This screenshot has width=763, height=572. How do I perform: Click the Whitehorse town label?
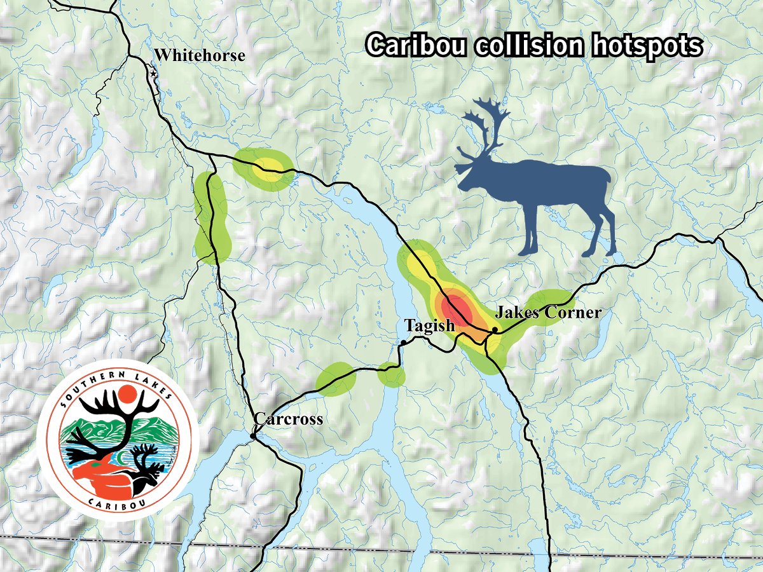pyautogui.click(x=200, y=56)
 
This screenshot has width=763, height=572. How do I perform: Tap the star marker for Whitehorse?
pyautogui.click(x=153, y=74)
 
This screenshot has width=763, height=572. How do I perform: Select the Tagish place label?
pyautogui.click(x=430, y=326)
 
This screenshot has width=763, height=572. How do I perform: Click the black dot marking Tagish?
pyautogui.click(x=403, y=343)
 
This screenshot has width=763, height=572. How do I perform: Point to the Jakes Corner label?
pyautogui.click(x=547, y=312)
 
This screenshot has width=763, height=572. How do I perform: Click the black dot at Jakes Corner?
pyautogui.click(x=495, y=329)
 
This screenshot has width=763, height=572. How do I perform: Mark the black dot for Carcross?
pyautogui.click(x=253, y=436)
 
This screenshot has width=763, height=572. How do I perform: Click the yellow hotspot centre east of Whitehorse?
pyautogui.click(x=268, y=168)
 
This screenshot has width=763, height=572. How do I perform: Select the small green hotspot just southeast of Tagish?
pyautogui.click(x=390, y=375)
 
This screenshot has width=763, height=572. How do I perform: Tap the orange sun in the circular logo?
pyautogui.click(x=127, y=396)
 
